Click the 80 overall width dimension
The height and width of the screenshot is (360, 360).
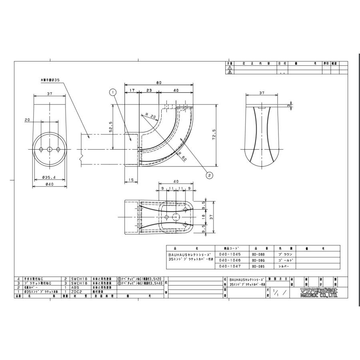(x=159, y=83)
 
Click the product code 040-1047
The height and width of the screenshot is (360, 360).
(x=227, y=266)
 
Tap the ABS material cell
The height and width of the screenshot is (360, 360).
(x=75, y=287)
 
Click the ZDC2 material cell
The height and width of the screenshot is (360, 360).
(x=76, y=292)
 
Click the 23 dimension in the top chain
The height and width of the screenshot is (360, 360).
(x=149, y=91)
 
